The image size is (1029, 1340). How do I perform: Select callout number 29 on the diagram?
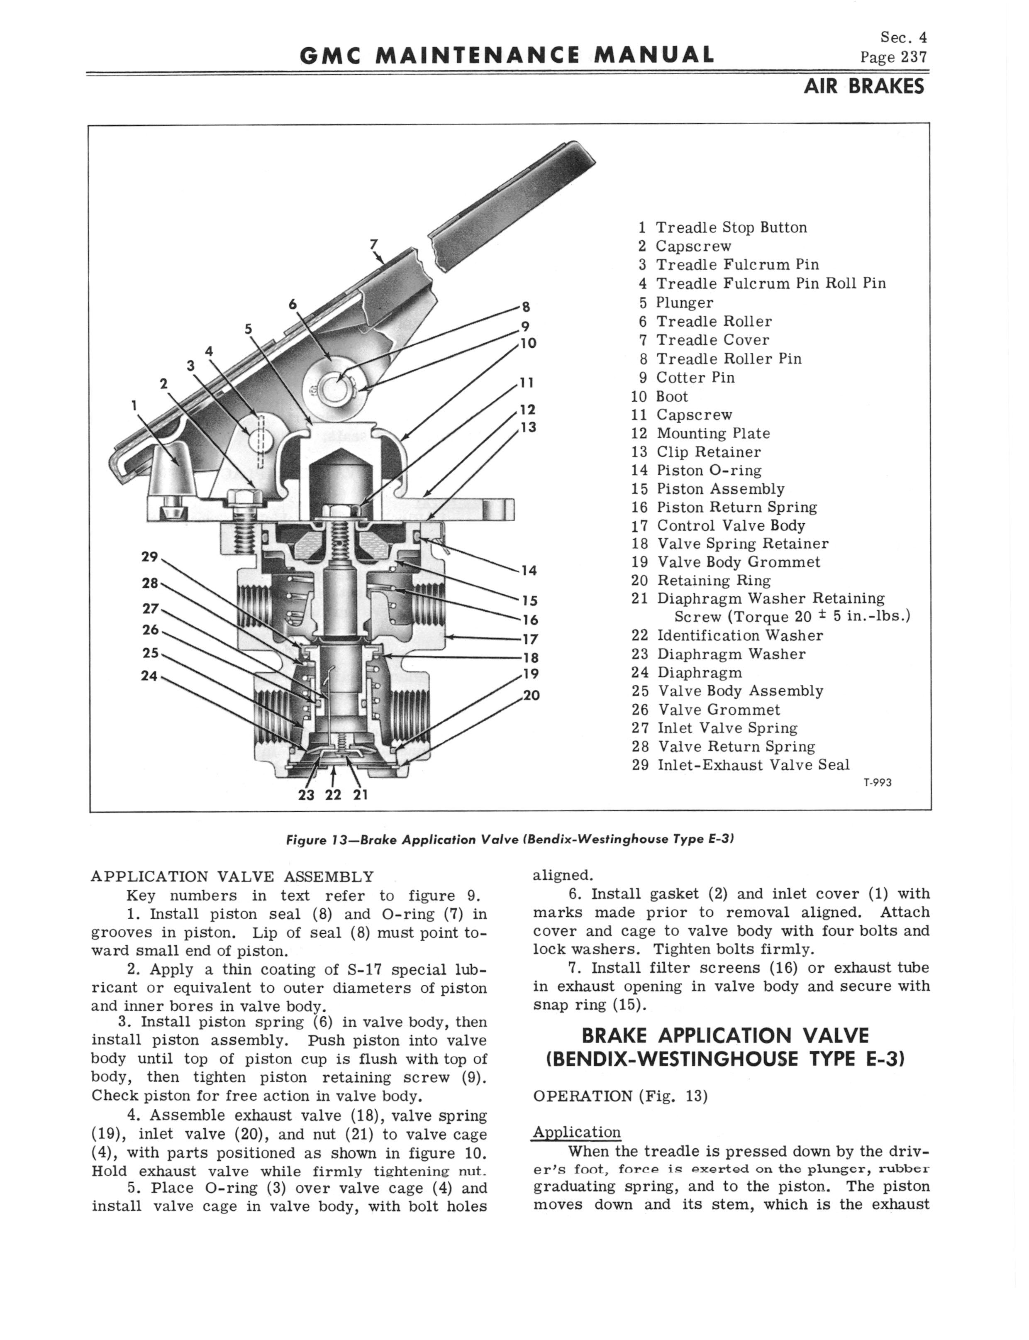149,557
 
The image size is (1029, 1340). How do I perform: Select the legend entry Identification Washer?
739,636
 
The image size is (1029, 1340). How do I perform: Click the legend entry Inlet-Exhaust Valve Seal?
753,765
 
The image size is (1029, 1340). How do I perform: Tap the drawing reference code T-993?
877,783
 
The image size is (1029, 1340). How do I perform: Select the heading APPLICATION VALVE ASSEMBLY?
232,876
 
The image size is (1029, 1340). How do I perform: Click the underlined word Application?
576,1132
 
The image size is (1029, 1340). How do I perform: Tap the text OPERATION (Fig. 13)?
620,1096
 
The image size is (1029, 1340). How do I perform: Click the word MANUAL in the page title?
656,55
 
